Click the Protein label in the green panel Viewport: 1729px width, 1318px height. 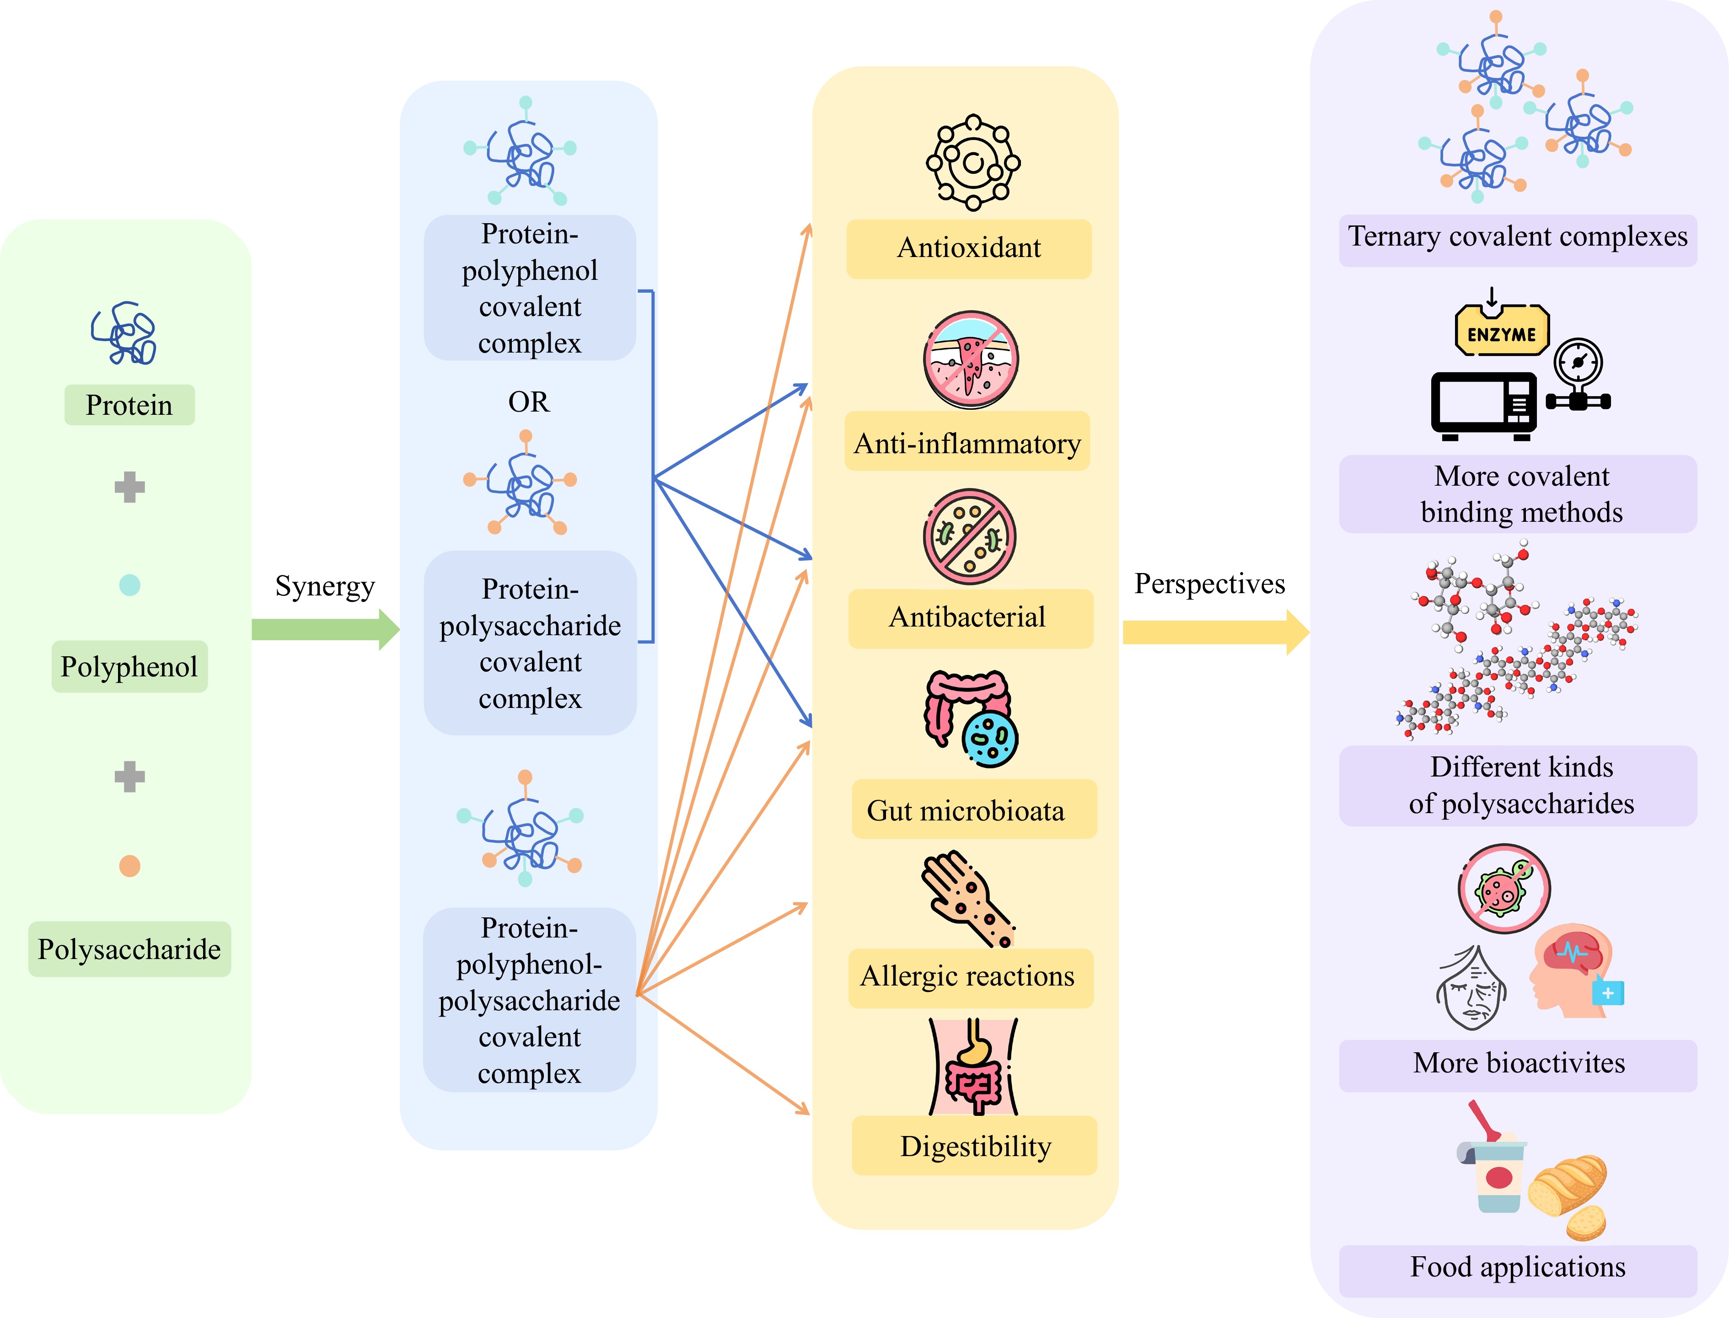(x=129, y=405)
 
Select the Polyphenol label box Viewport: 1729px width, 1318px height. (x=129, y=667)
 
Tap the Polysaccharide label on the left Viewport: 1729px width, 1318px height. (x=129, y=949)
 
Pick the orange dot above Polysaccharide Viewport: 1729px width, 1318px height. (x=129, y=866)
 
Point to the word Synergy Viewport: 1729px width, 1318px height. (x=325, y=586)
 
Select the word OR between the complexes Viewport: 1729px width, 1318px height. (x=529, y=402)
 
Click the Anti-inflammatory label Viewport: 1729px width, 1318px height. (x=967, y=443)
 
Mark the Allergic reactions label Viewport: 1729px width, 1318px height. (x=969, y=977)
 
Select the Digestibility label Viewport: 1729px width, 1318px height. (x=974, y=1146)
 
